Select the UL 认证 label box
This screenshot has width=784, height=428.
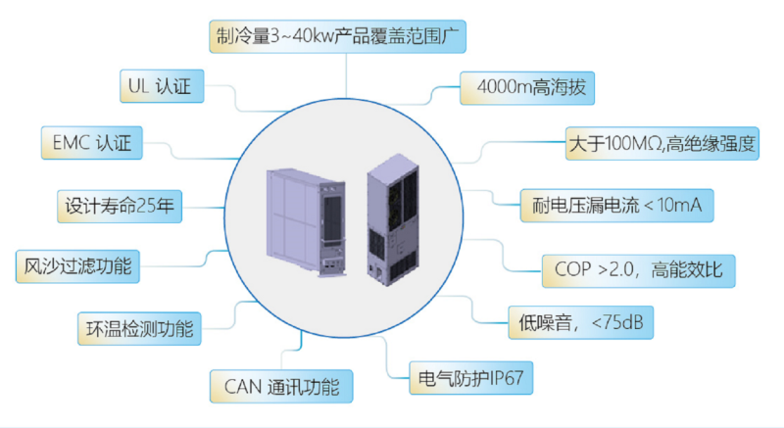[x=162, y=86]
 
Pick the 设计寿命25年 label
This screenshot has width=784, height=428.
[x=118, y=207]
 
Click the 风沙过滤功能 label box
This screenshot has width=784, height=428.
[x=79, y=265]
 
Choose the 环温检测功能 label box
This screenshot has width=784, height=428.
[x=139, y=326]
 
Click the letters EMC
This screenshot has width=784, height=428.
[x=71, y=144]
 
